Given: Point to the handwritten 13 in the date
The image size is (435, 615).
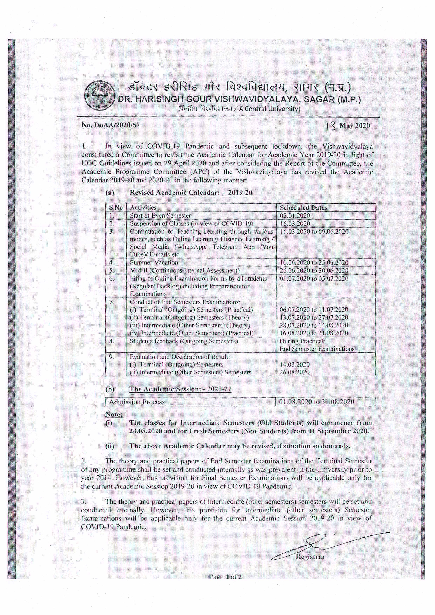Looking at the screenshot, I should click(331, 126).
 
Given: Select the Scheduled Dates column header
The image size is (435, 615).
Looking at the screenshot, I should click(303, 208).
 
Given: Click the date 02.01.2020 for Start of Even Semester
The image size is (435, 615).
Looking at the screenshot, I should click(295, 216).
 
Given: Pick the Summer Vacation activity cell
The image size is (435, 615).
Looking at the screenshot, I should click(154, 263).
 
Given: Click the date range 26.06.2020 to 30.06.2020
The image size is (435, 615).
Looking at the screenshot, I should click(314, 271).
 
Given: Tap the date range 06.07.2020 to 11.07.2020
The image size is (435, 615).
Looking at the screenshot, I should click(314, 310).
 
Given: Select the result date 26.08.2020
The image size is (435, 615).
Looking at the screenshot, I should click(294, 372).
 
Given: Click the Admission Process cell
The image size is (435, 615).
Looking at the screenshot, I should click(137, 402).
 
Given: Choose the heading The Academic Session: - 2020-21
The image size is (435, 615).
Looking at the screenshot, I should click(180, 389).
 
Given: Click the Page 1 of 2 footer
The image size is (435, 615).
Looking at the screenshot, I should click(226, 577).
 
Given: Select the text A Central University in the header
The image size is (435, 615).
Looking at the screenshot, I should click(269, 109).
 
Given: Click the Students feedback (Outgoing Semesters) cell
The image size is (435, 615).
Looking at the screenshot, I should click(184, 341).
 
